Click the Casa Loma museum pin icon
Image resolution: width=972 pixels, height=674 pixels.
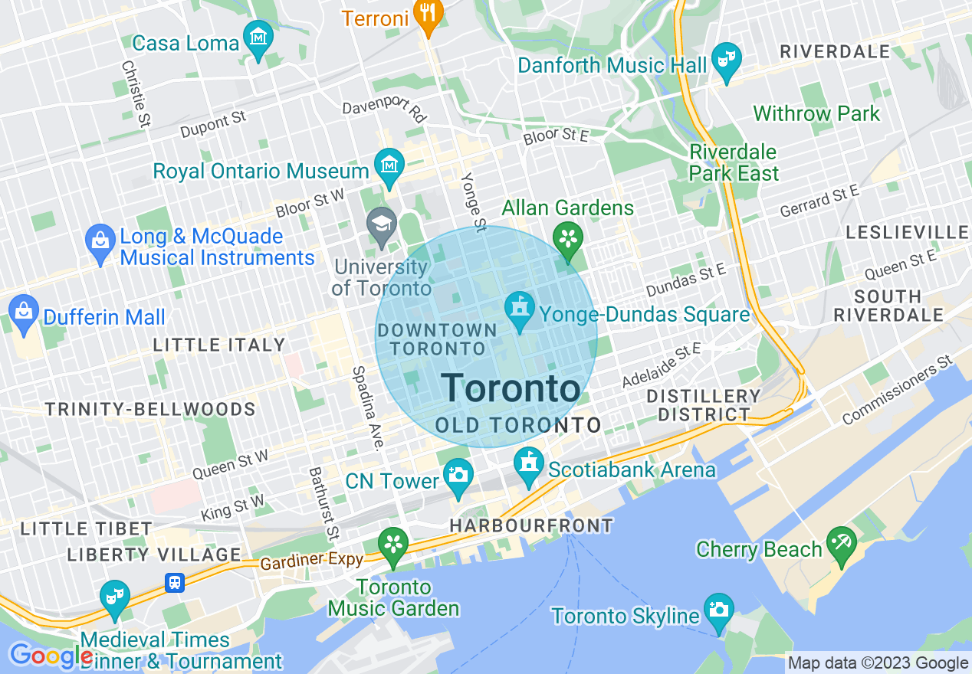pyautogui.click(x=258, y=35)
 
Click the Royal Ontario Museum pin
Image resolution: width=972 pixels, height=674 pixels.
pyautogui.click(x=389, y=164)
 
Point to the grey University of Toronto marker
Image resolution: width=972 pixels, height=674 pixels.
pyautogui.click(x=381, y=224)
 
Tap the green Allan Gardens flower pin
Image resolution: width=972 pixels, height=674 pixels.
pyautogui.click(x=568, y=237)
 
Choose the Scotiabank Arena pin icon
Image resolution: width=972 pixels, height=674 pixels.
pyautogui.click(x=529, y=464)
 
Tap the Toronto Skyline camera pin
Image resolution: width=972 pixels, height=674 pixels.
pyautogui.click(x=718, y=610)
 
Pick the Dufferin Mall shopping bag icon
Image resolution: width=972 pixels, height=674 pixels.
pyautogui.click(x=25, y=311)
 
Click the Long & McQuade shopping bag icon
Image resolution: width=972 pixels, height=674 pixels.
pyautogui.click(x=101, y=240)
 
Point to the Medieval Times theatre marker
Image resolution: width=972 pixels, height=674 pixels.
pyautogui.click(x=114, y=597)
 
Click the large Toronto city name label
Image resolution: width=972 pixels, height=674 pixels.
pyautogui.click(x=511, y=388)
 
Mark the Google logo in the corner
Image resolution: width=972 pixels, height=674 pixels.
pyautogui.click(x=50, y=656)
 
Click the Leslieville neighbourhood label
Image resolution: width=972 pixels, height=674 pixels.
pyautogui.click(x=907, y=232)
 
